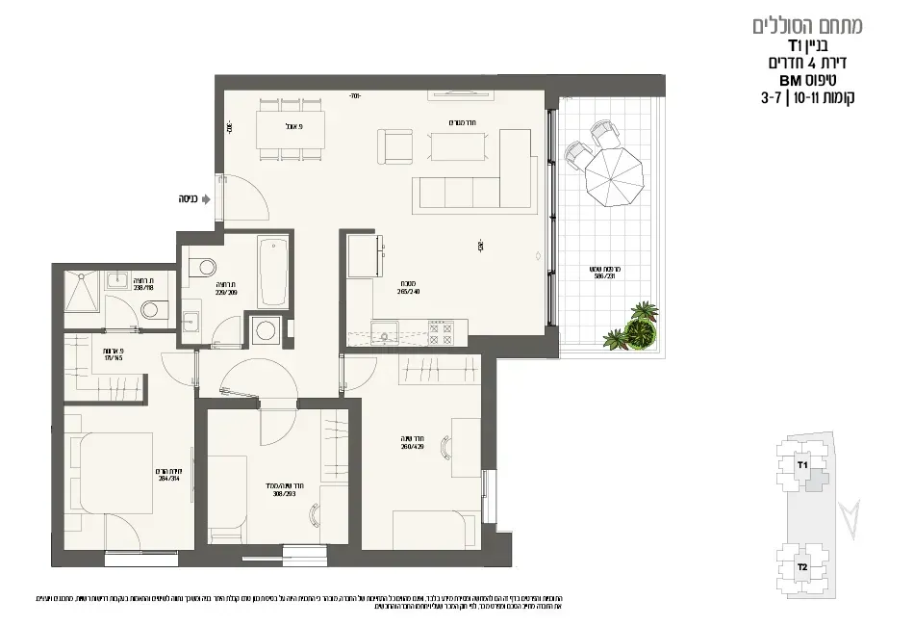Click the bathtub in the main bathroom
(x=272, y=273)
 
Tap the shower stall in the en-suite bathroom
(x=82, y=290)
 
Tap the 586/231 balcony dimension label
(x=602, y=274)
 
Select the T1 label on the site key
(x=801, y=464)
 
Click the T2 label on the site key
(x=801, y=567)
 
